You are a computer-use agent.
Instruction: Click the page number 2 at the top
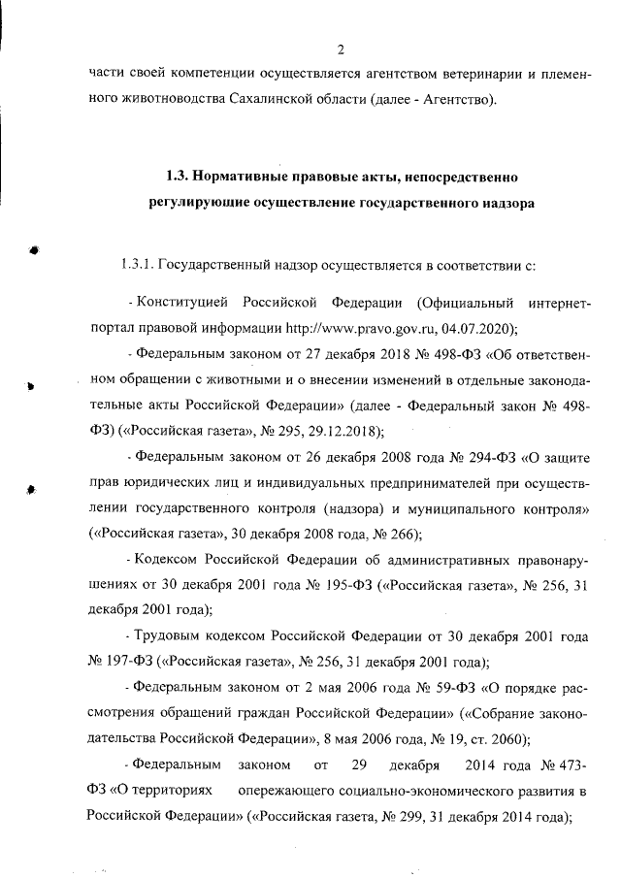pyautogui.click(x=341, y=50)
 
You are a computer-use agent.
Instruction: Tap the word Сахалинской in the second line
pyautogui.click(x=271, y=99)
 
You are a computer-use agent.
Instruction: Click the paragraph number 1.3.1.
pyautogui.click(x=135, y=264)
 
